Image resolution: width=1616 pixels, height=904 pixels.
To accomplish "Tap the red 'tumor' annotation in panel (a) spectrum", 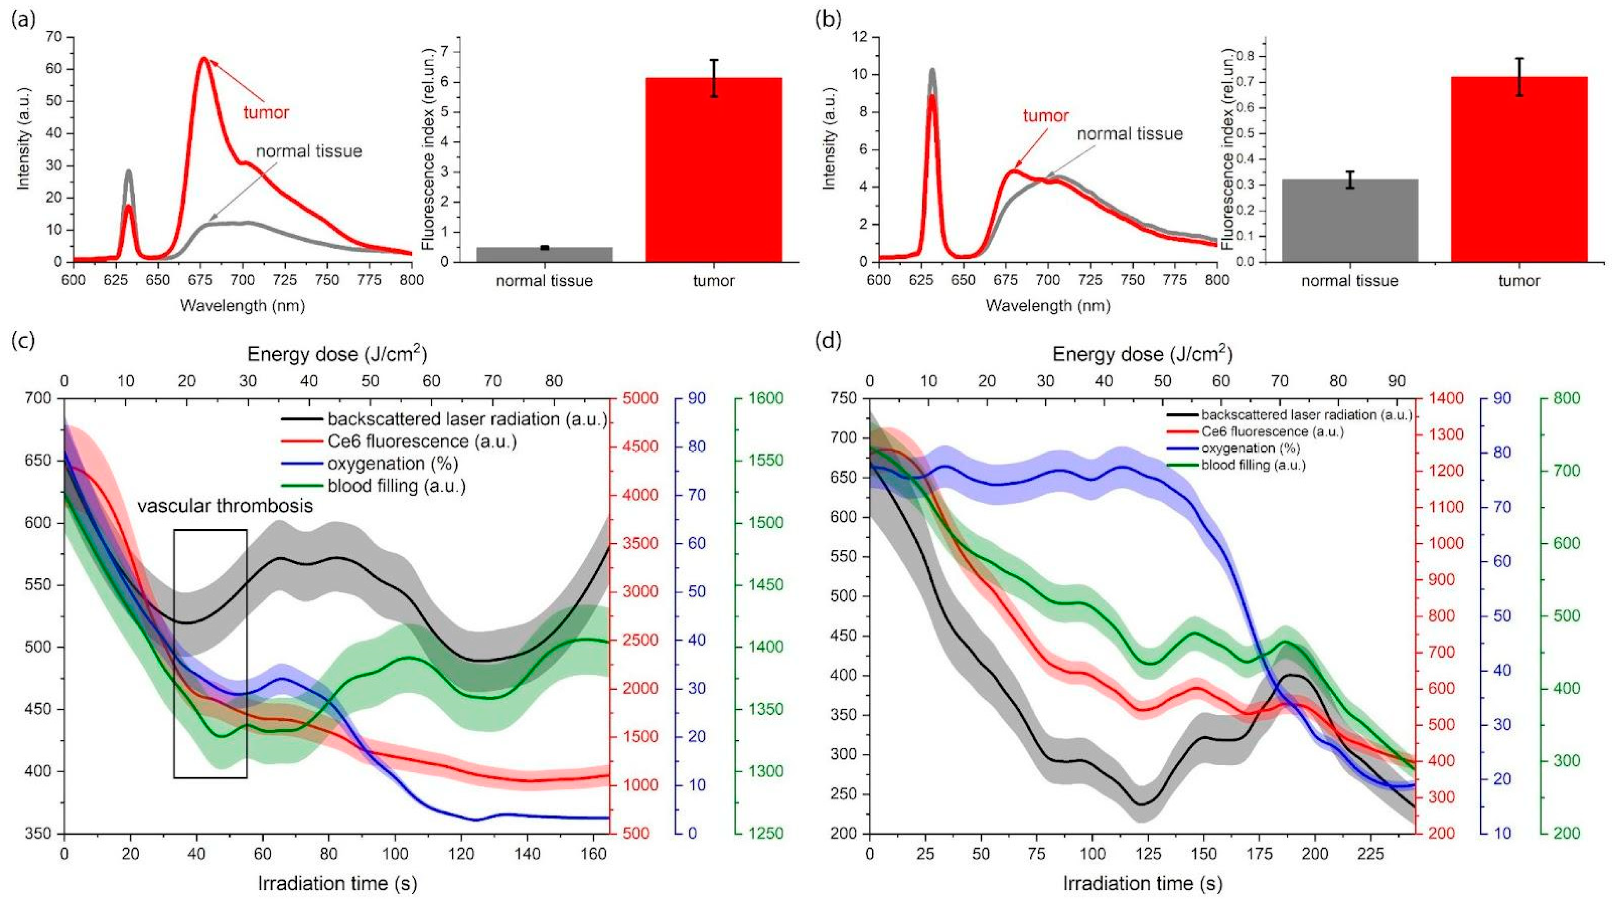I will coord(266,113).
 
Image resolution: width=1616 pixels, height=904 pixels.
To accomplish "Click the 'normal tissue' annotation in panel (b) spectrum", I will coord(1130,134).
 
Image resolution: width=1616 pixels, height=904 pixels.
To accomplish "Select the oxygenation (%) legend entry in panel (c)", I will coord(393,464).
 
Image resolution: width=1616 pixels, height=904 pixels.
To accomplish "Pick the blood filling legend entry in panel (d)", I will coord(1253,465).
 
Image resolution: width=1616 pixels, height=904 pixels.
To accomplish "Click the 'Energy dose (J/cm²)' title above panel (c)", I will coord(337,355).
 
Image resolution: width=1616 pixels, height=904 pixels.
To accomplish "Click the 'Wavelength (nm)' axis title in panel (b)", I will coord(1048,306).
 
